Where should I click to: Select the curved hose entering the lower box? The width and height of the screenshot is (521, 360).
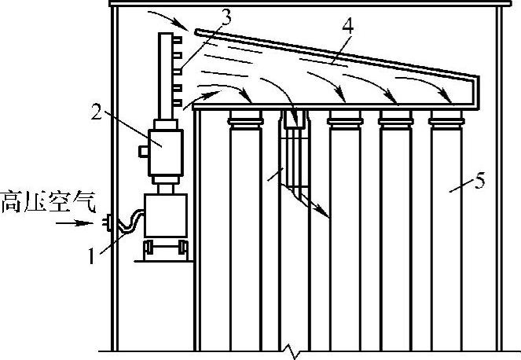(x=130, y=219)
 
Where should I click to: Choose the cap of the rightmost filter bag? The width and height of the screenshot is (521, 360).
(x=449, y=121)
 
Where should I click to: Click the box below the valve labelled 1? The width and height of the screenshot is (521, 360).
(x=165, y=215)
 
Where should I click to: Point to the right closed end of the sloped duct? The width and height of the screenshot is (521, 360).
(x=475, y=90)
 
